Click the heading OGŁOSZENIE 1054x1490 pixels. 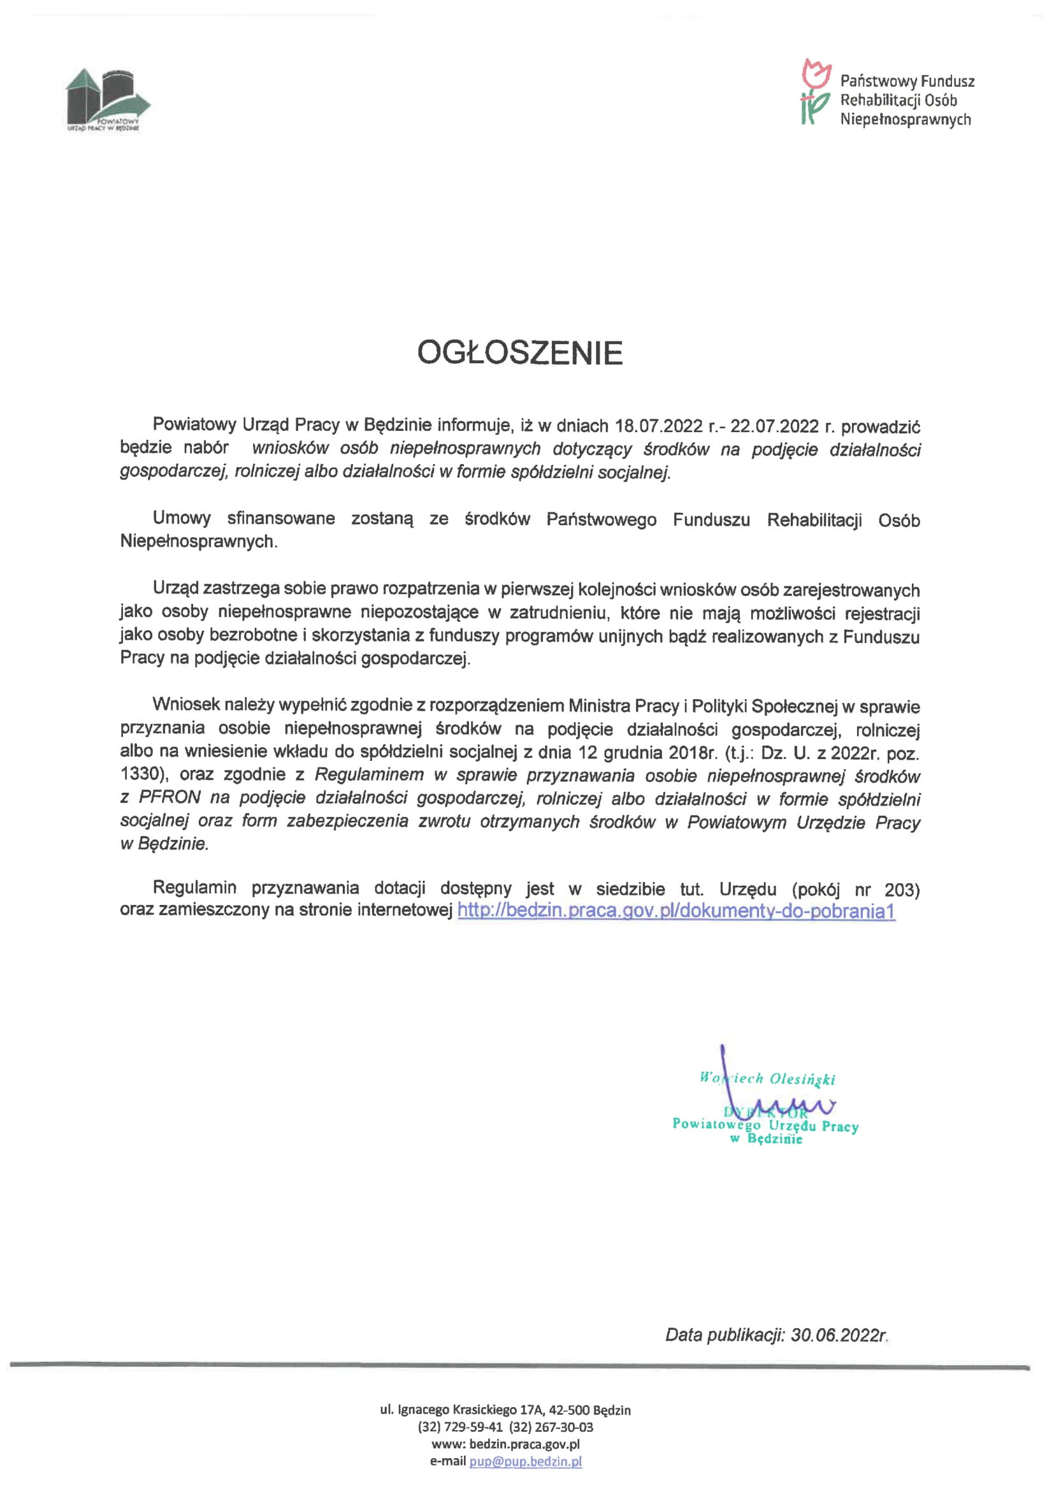pyautogui.click(x=520, y=353)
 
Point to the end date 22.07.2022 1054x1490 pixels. pyautogui.click(x=774, y=426)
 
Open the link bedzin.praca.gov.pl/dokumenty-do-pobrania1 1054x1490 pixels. pyautogui.click(x=676, y=911)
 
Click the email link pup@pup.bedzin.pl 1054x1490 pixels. pyautogui.click(x=525, y=1461)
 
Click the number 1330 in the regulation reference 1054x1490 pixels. pyautogui.click(x=140, y=774)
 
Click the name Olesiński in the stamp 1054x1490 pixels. pyautogui.click(x=802, y=1078)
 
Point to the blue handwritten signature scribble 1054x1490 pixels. pyautogui.click(x=779, y=1103)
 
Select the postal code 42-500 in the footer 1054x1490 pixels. pyautogui.click(x=569, y=1410)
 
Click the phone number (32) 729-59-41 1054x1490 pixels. pyautogui.click(x=460, y=1427)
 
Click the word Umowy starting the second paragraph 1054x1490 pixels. pyautogui.click(x=182, y=518)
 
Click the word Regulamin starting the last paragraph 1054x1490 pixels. pyautogui.click(x=195, y=887)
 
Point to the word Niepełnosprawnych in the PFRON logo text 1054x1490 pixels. pyautogui.click(x=906, y=119)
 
